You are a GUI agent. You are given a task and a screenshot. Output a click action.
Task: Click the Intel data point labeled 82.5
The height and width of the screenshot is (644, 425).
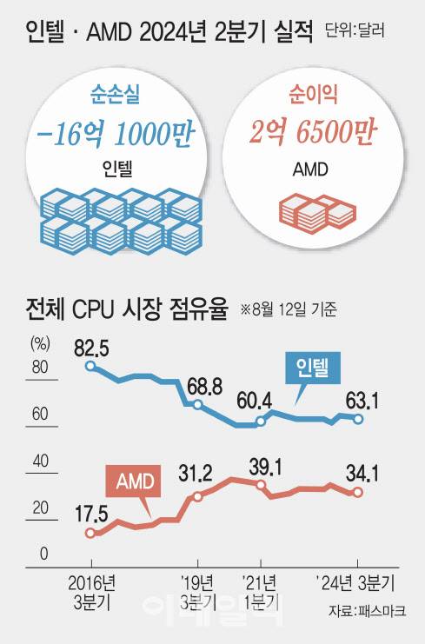(x=91, y=367)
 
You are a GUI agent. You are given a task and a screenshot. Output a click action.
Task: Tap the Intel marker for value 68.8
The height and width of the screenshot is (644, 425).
(x=198, y=405)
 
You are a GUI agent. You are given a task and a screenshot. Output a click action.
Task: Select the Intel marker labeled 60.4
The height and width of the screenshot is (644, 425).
(x=261, y=422)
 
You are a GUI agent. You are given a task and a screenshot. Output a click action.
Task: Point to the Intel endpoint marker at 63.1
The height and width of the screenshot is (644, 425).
(x=358, y=419)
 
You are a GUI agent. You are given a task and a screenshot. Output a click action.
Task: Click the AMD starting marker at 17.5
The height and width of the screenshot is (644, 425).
(x=90, y=533)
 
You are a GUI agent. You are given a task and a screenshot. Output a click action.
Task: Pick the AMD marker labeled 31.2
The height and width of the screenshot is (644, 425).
(x=198, y=496)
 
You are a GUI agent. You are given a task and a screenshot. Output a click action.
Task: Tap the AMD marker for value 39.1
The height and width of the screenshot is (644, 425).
(x=261, y=483)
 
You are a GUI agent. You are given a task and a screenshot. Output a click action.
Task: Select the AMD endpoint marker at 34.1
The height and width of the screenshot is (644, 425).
(x=358, y=492)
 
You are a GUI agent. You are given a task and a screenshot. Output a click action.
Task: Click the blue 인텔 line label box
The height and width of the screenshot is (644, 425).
(x=314, y=369)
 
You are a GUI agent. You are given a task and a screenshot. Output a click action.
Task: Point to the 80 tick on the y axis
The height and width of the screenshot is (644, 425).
(x=37, y=368)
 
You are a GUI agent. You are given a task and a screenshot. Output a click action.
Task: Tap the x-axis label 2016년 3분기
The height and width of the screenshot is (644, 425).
(x=90, y=588)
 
